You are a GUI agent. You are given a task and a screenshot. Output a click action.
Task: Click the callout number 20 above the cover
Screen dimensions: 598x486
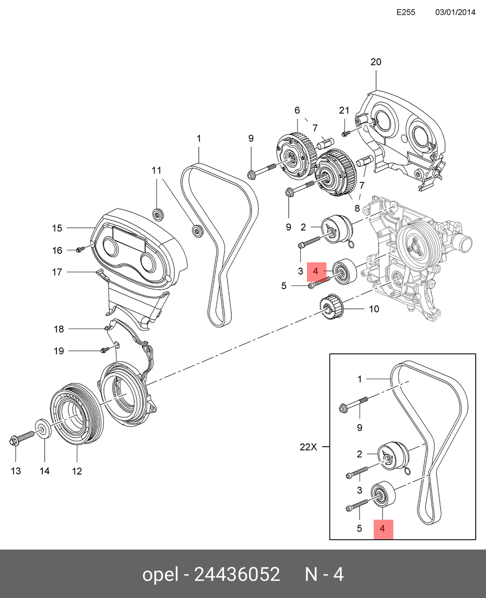tap(376, 62)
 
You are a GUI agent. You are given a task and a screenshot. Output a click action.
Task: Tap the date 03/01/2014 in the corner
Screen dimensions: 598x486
tap(454, 13)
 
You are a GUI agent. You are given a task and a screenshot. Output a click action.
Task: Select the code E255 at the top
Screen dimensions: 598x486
tap(406, 13)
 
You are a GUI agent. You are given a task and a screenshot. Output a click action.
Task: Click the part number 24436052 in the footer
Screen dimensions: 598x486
tap(237, 575)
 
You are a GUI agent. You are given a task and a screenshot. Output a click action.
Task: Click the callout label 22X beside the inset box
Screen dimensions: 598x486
tap(308, 447)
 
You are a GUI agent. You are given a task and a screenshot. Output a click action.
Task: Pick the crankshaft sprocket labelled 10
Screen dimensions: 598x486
tap(331, 307)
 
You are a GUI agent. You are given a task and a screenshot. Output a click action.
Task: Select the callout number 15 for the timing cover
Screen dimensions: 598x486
tap(57, 228)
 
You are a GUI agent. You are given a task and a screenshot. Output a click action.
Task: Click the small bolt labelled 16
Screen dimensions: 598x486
tap(79, 249)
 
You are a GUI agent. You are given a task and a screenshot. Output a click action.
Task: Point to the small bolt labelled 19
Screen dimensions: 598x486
tap(103, 350)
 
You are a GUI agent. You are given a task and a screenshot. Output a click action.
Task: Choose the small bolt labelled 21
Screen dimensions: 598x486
tap(345, 133)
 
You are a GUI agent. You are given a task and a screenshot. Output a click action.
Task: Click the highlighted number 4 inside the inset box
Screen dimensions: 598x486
tap(382, 529)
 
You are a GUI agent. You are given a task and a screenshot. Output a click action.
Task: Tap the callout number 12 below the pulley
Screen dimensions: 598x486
tap(77, 471)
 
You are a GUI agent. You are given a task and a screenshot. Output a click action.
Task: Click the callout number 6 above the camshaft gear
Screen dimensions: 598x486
tap(297, 111)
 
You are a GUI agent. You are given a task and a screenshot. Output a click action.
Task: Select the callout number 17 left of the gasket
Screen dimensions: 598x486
tap(57, 272)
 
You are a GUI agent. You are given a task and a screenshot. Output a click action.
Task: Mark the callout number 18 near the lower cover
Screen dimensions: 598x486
tap(59, 329)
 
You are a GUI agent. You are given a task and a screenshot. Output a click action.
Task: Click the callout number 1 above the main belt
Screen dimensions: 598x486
tap(199, 139)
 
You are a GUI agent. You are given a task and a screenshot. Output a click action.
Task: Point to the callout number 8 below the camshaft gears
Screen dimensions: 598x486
tap(357, 209)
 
